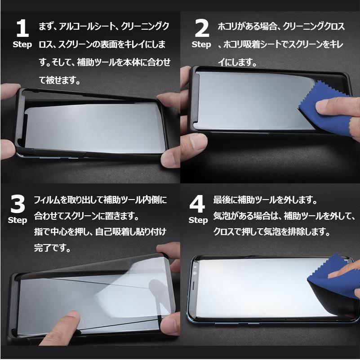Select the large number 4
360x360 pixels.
197,204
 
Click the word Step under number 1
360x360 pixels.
22,44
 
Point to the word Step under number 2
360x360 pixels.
201,44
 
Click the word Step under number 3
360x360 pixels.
18,220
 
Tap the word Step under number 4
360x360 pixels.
198,220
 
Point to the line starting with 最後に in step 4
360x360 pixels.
265,199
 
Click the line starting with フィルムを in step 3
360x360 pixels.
100,199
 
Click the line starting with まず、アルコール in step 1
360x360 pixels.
104,27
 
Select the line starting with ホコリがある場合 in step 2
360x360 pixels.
281,27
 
